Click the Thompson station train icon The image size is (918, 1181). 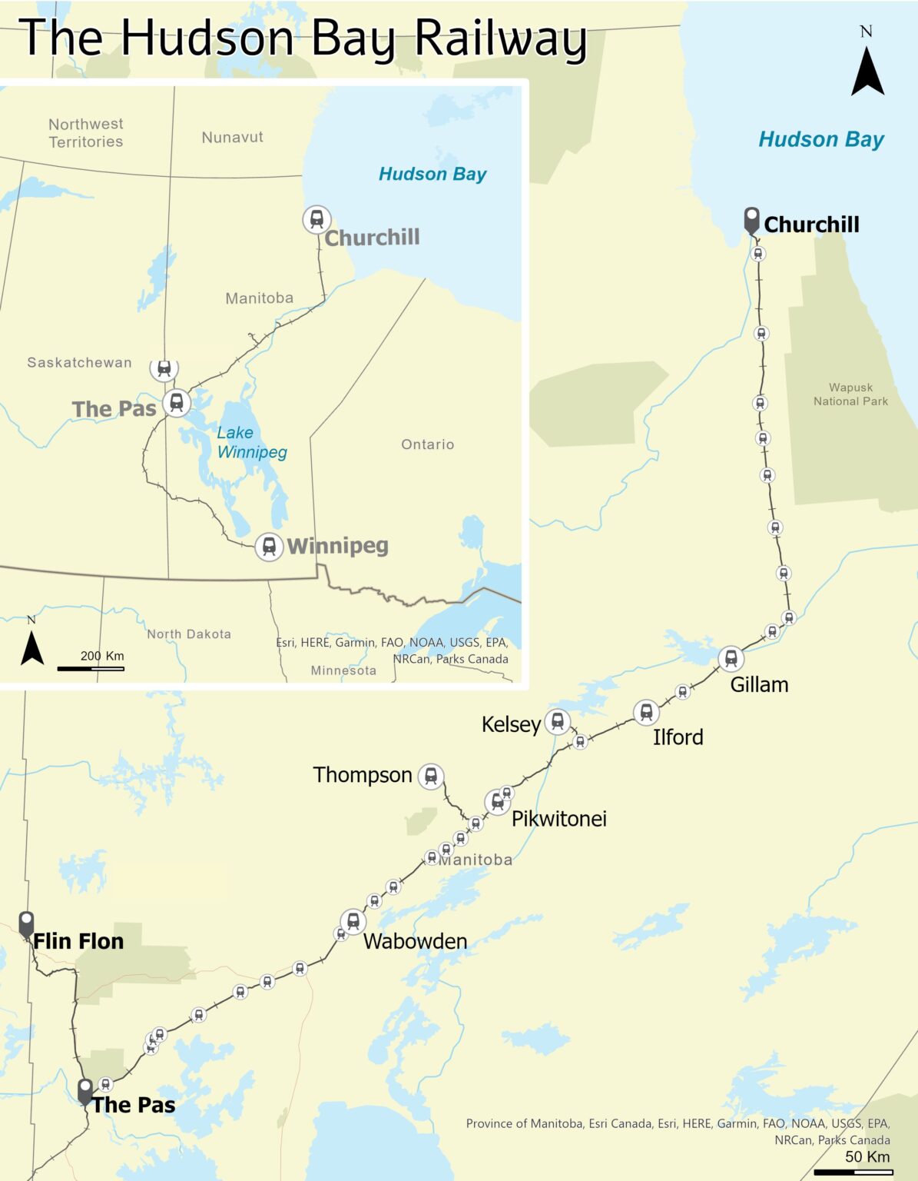pos(431,777)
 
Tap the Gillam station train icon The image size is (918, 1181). pos(731,659)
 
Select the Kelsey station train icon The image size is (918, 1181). pos(558,722)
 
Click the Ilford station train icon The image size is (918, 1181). pos(646,713)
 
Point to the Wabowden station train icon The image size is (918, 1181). pos(353,921)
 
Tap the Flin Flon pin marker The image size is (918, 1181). pos(26,923)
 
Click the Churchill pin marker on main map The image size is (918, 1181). pos(751,220)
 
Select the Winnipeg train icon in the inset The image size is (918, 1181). pos(269,547)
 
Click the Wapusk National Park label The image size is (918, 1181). pos(850,394)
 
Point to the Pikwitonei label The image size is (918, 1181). pos(558,819)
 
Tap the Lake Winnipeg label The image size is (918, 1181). pos(251,442)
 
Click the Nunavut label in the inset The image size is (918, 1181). pos(232,138)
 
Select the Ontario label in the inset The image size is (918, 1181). pos(427,444)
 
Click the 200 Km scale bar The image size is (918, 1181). pos(91,668)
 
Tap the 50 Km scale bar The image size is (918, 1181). pos(853,1172)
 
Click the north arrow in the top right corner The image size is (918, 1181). pos(867,71)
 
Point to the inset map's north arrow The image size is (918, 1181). pos(31,646)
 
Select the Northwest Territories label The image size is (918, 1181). pos(85,133)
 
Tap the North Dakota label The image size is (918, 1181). pos(189,634)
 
